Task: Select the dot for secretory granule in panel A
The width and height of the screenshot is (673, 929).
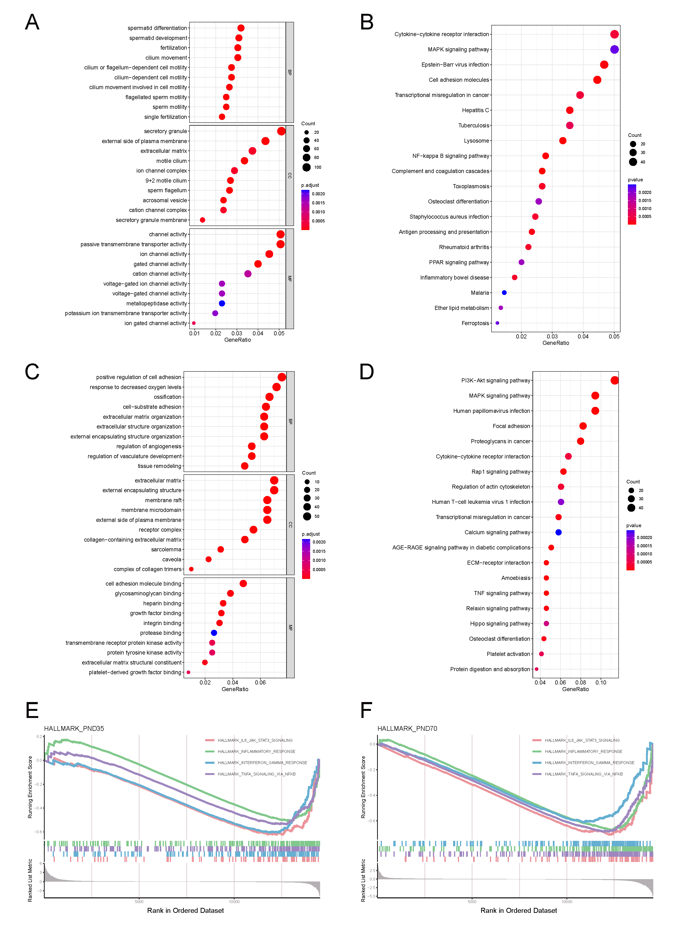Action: [281, 131]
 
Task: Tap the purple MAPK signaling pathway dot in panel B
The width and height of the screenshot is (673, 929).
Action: [614, 50]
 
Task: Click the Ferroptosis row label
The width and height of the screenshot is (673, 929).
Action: [475, 323]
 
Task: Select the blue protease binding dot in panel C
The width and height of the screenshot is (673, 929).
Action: [214, 633]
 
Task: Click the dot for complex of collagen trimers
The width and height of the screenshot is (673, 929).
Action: [191, 569]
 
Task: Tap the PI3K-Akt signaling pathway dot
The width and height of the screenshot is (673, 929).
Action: [614, 380]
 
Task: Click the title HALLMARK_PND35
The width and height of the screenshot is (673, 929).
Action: [74, 728]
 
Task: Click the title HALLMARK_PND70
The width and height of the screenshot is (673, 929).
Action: [407, 728]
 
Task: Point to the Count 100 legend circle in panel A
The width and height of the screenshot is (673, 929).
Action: [307, 167]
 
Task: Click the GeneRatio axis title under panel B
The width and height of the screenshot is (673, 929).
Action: [555, 343]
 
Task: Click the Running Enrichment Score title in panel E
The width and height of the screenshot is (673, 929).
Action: [30, 787]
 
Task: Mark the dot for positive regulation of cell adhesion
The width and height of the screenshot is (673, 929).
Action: [282, 377]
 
